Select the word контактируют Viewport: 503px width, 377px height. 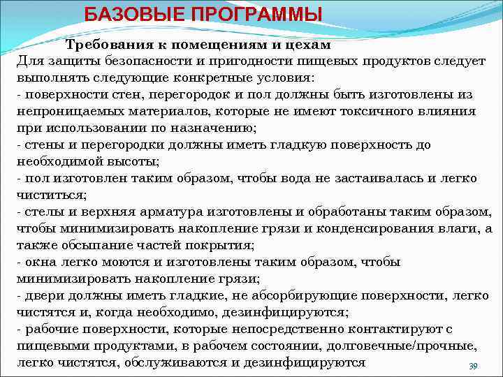pos(391,329)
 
